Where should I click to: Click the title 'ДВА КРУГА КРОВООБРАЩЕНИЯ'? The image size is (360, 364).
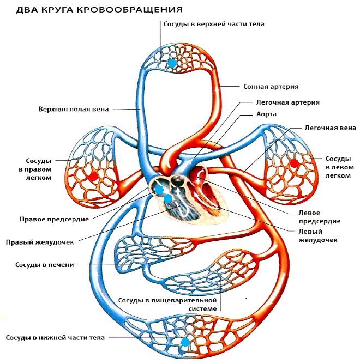100,10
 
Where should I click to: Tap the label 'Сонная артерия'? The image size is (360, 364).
271,86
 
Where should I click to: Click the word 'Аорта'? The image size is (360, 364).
266,114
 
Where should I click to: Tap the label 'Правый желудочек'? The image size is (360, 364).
39,242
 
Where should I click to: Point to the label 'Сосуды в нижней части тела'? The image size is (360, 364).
55,338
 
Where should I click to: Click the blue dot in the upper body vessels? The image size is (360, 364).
172,63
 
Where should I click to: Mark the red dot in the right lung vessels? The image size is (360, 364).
94,176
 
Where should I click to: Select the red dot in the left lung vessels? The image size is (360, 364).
295,163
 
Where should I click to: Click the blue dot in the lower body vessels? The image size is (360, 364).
186,342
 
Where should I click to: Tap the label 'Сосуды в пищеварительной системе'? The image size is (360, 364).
167,305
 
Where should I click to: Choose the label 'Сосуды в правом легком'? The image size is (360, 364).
39,169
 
